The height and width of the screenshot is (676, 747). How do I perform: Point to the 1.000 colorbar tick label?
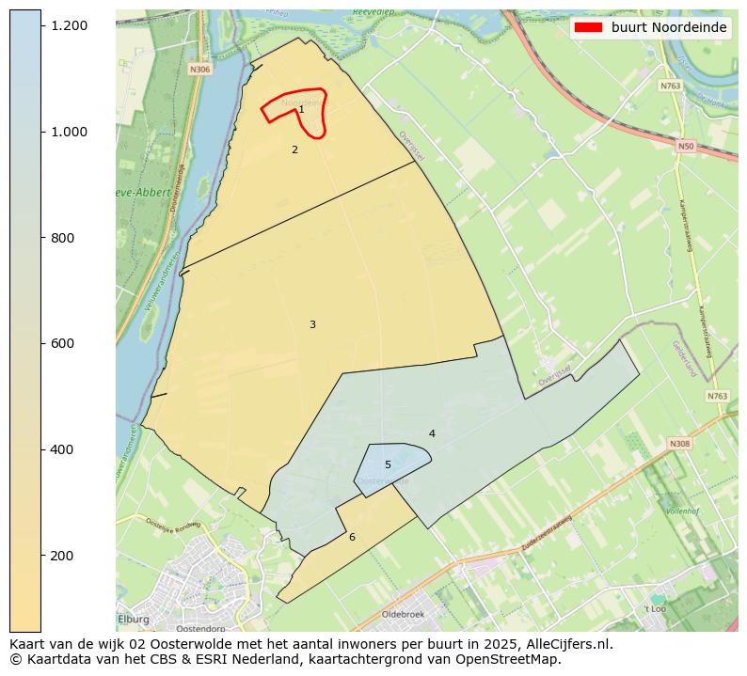[x=70, y=132]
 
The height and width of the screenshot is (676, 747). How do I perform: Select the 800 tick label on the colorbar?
[x=63, y=238]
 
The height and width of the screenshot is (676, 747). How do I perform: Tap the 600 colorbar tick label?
[x=63, y=344]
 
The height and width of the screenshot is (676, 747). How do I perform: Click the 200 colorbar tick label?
[x=63, y=556]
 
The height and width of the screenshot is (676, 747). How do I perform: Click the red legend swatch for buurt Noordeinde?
[x=589, y=27]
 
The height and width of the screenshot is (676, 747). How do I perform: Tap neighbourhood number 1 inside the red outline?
[x=301, y=110]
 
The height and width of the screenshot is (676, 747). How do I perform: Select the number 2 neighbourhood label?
[x=294, y=149]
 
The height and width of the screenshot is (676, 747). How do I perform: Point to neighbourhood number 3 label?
[x=312, y=324]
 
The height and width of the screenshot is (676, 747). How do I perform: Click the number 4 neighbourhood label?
[x=432, y=433]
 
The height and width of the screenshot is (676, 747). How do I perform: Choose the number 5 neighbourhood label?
[x=388, y=464]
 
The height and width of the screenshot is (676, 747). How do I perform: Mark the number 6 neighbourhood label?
[x=352, y=537]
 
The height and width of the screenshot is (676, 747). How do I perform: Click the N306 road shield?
[x=199, y=70]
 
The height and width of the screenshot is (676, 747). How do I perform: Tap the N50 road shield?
[x=685, y=146]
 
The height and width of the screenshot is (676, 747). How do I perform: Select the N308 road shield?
[x=679, y=443]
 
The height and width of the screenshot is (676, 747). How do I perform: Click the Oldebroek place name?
[x=403, y=614]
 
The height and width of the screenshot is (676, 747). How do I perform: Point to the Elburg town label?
[x=135, y=619]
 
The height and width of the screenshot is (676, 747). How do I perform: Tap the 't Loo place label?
[x=655, y=608]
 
